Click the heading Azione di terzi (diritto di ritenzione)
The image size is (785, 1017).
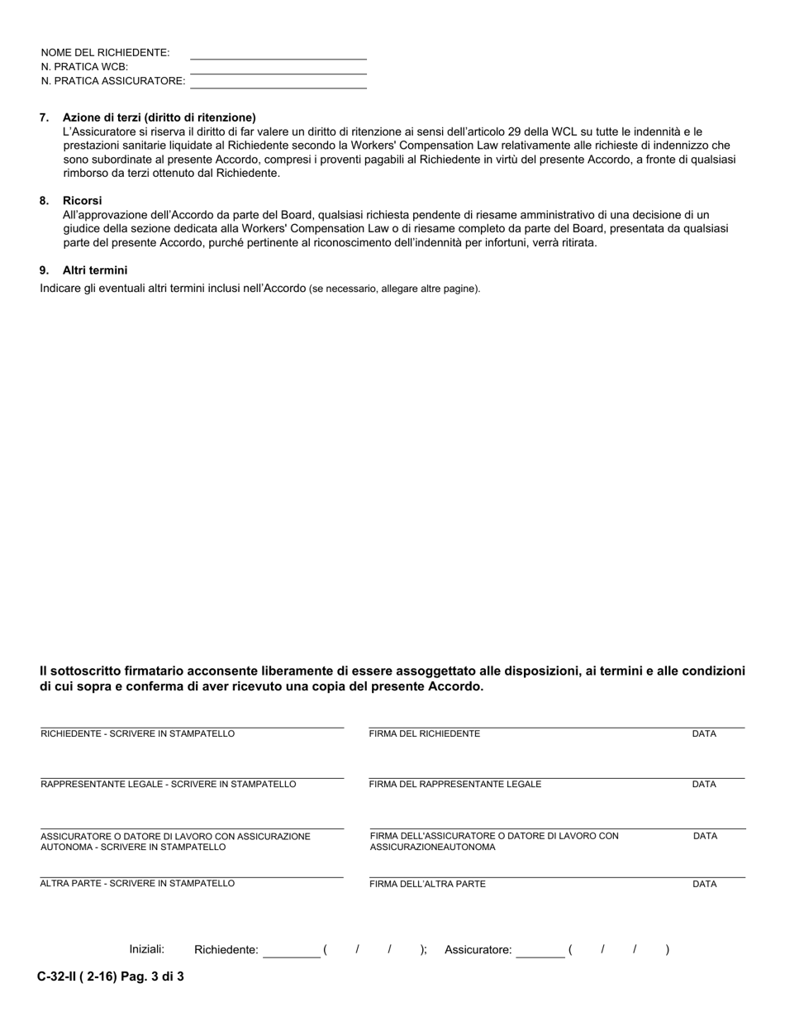point(159,117)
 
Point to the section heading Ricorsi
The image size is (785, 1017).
point(82,201)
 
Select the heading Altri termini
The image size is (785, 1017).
point(95,270)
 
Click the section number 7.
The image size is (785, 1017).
point(44,117)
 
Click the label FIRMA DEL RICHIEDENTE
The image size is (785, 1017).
point(424,734)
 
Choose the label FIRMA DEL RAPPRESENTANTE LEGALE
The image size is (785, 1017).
point(455,785)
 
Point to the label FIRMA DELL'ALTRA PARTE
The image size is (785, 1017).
point(427,884)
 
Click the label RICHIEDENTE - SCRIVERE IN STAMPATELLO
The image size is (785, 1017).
point(138,734)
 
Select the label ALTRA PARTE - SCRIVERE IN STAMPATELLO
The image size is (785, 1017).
point(138,884)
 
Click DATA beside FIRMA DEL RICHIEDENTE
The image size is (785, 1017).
point(704,734)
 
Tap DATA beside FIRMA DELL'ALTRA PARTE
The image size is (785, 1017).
point(704,885)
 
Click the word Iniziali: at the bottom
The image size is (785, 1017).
point(147,949)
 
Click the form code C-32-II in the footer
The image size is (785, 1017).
point(62,976)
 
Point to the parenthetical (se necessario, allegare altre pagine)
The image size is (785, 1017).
point(394,289)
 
